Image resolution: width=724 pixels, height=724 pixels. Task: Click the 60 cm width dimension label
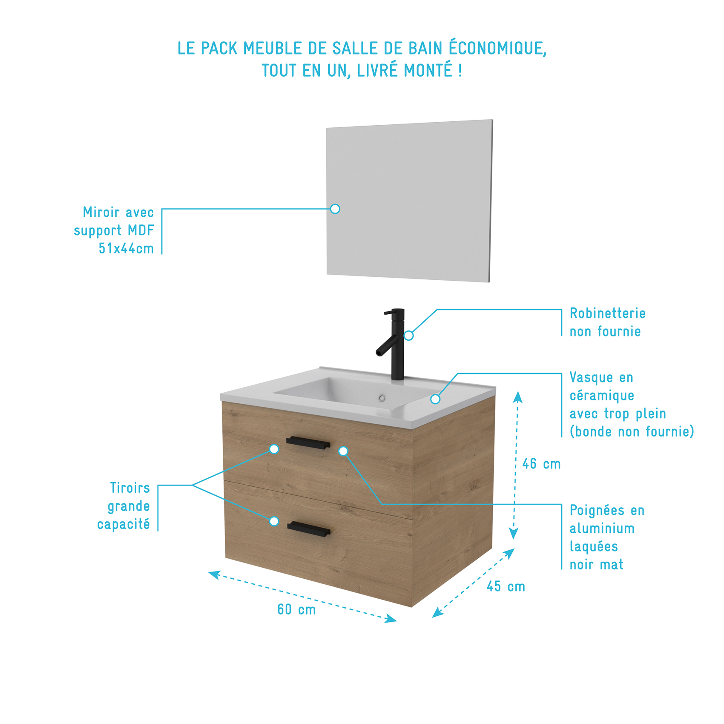pos(296,609)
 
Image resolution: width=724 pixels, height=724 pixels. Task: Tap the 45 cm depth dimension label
pos(506,586)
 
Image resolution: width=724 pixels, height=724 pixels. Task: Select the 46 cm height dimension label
pos(541,464)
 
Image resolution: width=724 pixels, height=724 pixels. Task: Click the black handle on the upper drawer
pos(308,443)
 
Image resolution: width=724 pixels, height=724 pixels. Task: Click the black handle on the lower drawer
pos(309,529)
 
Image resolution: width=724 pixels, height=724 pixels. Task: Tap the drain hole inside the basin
pos(382,398)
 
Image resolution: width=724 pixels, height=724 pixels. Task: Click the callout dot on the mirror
pos(335,209)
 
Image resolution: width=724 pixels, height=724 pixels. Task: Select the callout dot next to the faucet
pos(408,336)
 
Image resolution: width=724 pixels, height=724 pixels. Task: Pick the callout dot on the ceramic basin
pos(435,399)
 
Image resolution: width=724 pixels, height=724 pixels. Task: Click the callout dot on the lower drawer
pos(274,521)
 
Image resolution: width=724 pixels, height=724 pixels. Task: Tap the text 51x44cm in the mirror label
pos(126,248)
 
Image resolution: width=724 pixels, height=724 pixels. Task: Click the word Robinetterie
pos(607,313)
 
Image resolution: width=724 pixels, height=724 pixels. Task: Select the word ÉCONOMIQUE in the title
pos(497,48)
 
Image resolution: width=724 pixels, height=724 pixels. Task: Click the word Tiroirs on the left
pos(130,488)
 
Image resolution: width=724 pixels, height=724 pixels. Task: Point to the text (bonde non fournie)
pos(632,432)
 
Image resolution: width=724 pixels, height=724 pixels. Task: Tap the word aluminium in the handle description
pos(602,529)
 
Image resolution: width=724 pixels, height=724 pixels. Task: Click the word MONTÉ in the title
pos(428,71)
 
